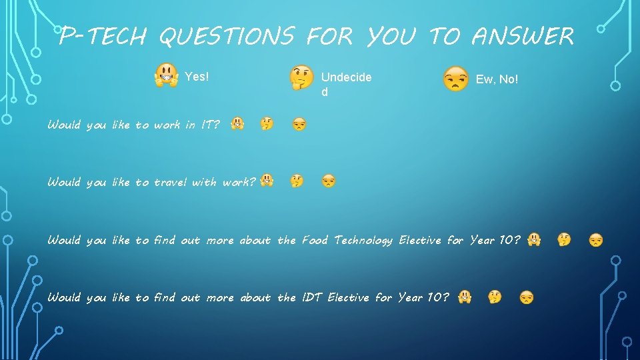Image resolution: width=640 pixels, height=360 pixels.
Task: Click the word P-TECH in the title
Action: pyautogui.click(x=102, y=37)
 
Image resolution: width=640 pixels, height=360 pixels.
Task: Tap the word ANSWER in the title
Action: pyautogui.click(x=522, y=37)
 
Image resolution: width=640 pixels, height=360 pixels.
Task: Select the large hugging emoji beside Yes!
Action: pyautogui.click(x=166, y=76)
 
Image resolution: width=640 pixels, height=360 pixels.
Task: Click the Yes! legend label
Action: pyautogui.click(x=197, y=77)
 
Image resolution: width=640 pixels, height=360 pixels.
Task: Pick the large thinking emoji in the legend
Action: pyautogui.click(x=301, y=78)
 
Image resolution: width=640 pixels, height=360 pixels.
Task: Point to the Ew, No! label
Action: pyautogui.click(x=497, y=79)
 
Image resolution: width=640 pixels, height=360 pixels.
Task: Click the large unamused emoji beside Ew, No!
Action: pyautogui.click(x=456, y=79)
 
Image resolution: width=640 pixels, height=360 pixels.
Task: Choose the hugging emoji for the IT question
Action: pyautogui.click(x=237, y=123)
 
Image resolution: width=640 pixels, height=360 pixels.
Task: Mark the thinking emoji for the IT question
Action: pyautogui.click(x=267, y=123)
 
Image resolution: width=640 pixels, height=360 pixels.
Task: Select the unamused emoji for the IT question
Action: pyautogui.click(x=299, y=124)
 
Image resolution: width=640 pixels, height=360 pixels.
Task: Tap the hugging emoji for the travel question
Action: pyautogui.click(x=267, y=180)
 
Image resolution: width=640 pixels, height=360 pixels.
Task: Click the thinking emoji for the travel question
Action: pyautogui.click(x=297, y=181)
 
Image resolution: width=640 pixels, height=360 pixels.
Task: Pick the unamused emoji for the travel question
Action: pyautogui.click(x=329, y=181)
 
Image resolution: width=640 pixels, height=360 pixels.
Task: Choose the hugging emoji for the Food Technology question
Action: pyautogui.click(x=534, y=239)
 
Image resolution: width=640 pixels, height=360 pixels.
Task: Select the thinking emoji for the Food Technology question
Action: pyautogui.click(x=564, y=239)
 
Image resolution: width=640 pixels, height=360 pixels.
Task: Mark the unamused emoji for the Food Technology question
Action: pyautogui.click(x=596, y=239)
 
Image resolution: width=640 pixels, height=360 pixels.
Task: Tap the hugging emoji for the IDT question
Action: pyautogui.click(x=465, y=296)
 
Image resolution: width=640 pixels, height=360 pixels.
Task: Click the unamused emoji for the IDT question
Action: pyautogui.click(x=527, y=297)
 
